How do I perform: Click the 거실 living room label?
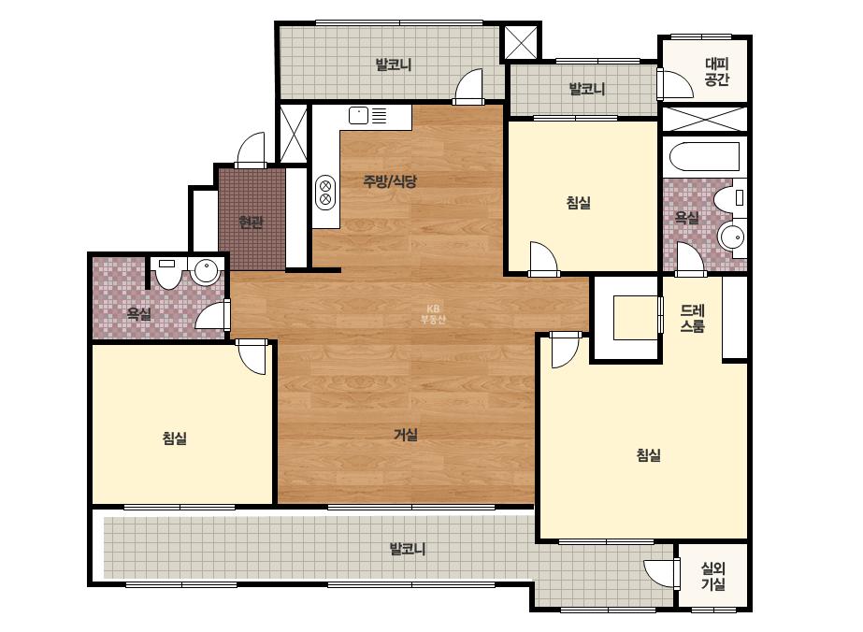(x=406, y=435)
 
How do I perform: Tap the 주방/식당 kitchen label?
(x=390, y=181)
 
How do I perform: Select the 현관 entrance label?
(x=251, y=223)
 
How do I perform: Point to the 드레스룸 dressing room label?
(x=693, y=318)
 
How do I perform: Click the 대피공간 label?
(x=717, y=72)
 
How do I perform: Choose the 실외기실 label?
(x=713, y=576)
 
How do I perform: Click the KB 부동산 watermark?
(x=433, y=314)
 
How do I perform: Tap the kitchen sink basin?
(x=358, y=116)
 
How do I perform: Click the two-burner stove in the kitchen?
(x=325, y=192)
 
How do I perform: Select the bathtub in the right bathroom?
(x=704, y=157)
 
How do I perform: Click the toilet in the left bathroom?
(x=166, y=272)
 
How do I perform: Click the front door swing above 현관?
(x=251, y=150)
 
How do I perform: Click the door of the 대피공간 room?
(x=675, y=84)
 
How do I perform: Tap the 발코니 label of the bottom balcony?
(x=408, y=549)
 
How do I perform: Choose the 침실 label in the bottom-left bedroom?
(x=175, y=438)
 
